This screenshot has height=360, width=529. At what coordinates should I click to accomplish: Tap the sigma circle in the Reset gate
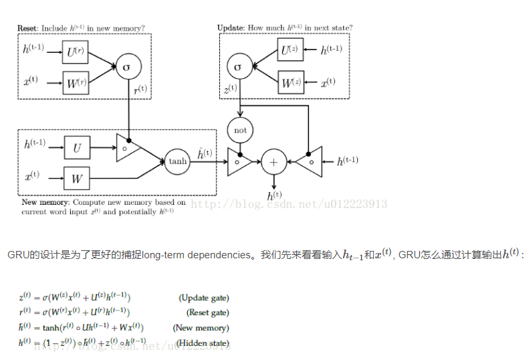pos(128,68)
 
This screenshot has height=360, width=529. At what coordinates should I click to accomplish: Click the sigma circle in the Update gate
pos(237,67)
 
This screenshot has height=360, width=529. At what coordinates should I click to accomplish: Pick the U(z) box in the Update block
pos(290,50)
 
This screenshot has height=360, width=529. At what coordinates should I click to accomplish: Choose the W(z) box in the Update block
pos(290,84)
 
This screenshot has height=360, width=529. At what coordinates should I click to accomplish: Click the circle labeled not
pos(239,130)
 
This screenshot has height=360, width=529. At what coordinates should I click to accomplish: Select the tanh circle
pos(177,161)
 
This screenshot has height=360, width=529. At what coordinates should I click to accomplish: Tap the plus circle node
pos(273,161)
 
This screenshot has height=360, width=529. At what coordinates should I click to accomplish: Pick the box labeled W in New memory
pos(77,179)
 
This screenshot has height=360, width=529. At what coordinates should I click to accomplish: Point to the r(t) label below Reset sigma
pos(141,89)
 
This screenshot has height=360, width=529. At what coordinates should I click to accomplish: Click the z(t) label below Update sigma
pos(230,88)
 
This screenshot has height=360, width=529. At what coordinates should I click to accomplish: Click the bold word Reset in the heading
pos(28,28)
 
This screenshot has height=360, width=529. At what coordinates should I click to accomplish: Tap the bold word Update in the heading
pos(231,28)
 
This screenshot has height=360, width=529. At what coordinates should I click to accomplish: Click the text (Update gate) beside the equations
pos(203,298)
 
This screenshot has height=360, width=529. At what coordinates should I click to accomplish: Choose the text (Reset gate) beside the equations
pos(207,312)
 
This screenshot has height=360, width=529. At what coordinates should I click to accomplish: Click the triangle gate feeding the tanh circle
pos(127,148)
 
